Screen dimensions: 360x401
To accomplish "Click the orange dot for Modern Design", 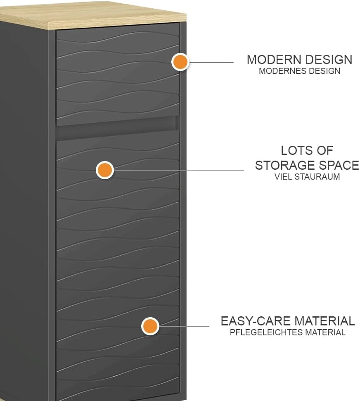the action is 180,62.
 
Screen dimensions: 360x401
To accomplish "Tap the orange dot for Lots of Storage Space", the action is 105,170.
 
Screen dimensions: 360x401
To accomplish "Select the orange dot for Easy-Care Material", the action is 150,326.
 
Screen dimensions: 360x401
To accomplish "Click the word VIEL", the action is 283,177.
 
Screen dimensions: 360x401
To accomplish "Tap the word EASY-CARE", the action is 256,321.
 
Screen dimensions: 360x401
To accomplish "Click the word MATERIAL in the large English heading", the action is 324,321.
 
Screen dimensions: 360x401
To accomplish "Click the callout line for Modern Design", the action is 211,62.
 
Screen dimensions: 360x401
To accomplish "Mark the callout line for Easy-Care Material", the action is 184,326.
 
